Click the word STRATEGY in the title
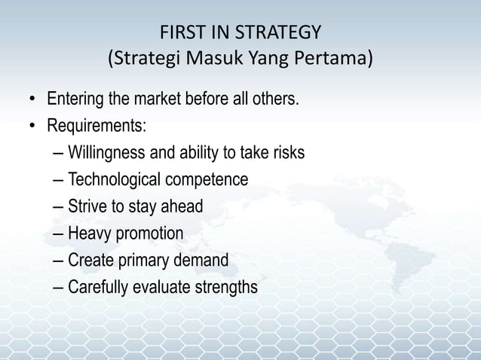tap(283, 33)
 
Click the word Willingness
tap(104, 153)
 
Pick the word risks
tap(286, 153)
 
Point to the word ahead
tap(183, 206)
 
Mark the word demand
tap(199, 261)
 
